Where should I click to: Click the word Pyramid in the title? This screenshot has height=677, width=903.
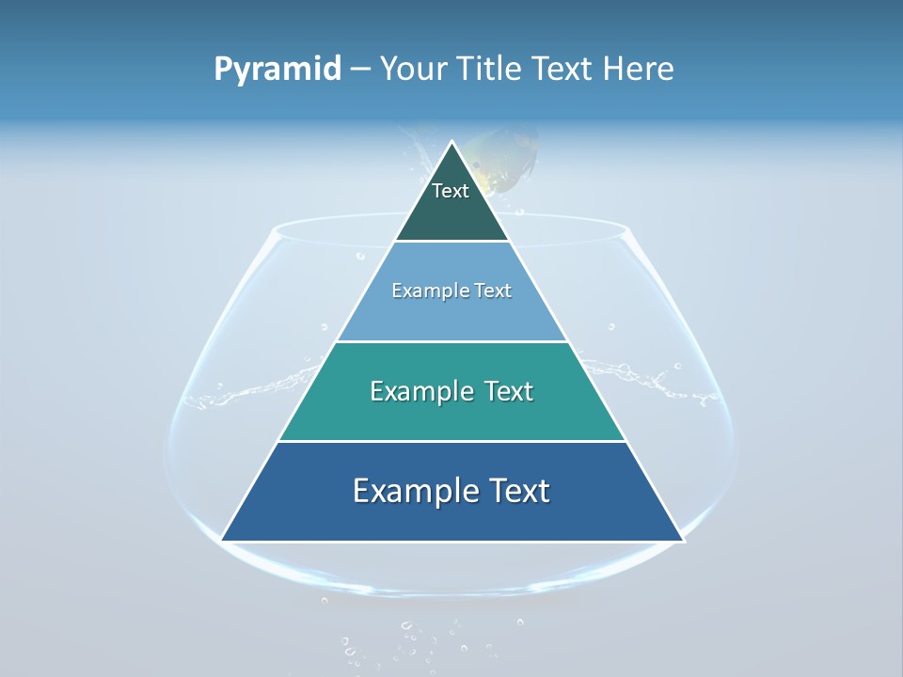click(x=277, y=70)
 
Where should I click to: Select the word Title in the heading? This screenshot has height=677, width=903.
click(x=489, y=70)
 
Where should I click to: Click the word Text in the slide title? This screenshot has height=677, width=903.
click(x=564, y=70)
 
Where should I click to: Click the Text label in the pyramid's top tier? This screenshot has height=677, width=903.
click(x=451, y=191)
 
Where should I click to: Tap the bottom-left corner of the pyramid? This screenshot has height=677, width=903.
click(x=222, y=541)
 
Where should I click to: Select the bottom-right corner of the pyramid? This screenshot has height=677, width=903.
click(x=683, y=541)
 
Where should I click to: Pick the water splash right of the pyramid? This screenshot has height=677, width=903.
click(x=649, y=376)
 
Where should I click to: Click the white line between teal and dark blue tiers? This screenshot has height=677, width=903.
click(x=451, y=441)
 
